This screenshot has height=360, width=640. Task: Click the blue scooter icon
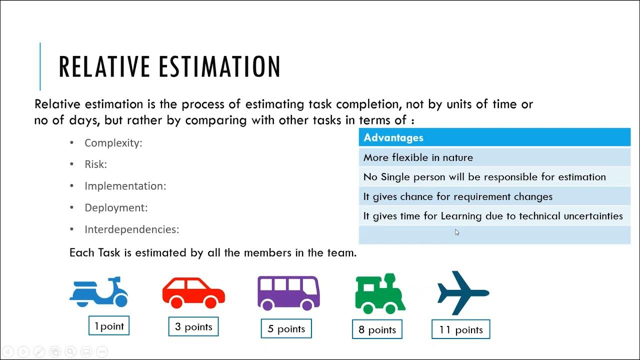99,292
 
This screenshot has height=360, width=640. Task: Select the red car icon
193,293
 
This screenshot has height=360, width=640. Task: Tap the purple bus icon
288,293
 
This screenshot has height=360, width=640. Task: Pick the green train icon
380,293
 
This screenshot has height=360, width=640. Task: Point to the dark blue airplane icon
463,293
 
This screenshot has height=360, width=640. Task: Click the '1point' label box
109,326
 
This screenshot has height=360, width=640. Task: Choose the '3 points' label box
193,327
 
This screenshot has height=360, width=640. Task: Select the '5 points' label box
286,329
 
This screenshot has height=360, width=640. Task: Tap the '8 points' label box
377,330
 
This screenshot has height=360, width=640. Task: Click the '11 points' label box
461,330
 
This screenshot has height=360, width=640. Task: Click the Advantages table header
494,137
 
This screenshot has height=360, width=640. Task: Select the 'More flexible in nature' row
494,157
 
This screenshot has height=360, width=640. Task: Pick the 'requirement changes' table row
494,196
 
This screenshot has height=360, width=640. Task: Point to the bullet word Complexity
113,143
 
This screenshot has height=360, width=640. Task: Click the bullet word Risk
95,164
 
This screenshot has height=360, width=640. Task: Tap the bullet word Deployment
116,208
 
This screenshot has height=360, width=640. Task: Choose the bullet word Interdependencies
131,229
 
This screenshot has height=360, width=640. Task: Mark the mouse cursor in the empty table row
457,232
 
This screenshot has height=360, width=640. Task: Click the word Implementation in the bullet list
125,186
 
